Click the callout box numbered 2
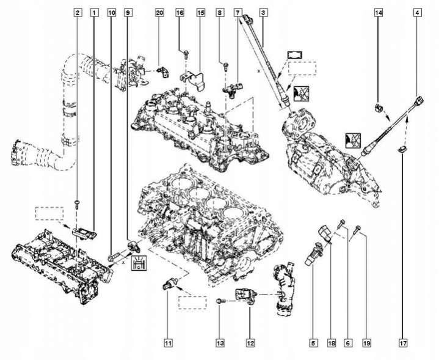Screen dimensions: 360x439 (x=77, y=12)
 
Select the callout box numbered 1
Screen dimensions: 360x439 (x=93, y=12)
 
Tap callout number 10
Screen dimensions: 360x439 (x=111, y=12)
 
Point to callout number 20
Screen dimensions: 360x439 (x=159, y=12)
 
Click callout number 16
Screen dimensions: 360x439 (x=180, y=12)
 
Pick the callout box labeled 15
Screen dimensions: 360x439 (x=200, y=12)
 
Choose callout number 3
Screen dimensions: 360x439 (x=263, y=12)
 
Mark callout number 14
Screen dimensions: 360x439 (x=378, y=12)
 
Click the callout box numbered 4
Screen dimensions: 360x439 (x=418, y=12)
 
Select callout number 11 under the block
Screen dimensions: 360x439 (x=169, y=343)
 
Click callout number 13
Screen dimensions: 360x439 (x=219, y=343)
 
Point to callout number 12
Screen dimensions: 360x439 (x=250, y=343)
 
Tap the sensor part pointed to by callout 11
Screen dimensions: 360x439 (x=169, y=282)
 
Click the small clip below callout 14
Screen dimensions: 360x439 (x=378, y=110)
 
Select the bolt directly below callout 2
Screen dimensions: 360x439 (x=77, y=202)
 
